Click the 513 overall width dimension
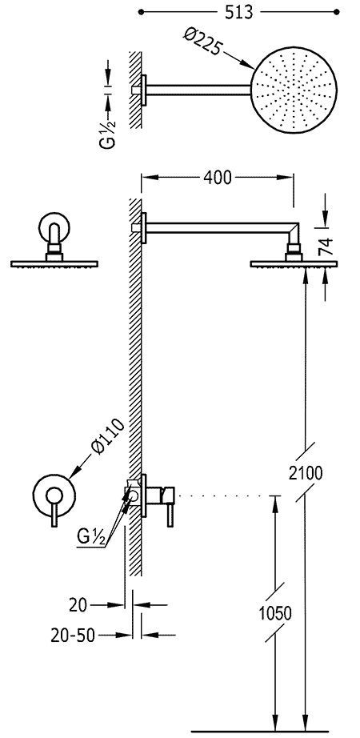point(238,12)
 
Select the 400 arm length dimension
point(217,178)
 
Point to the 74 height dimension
point(324,246)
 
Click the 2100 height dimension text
point(306,472)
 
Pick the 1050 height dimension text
point(275,613)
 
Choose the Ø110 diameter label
point(109,435)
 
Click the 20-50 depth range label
point(73,636)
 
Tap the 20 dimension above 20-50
point(78,605)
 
